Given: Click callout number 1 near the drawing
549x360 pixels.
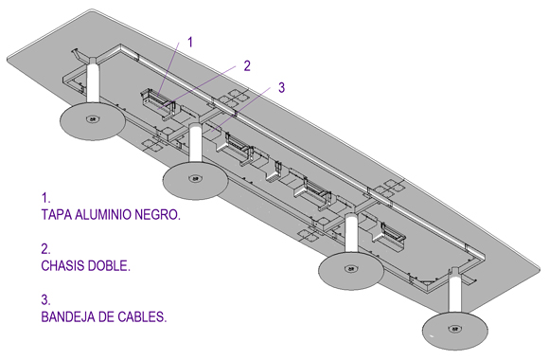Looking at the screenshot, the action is (190, 43).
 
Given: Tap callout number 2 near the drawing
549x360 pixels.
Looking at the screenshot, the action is (247, 66).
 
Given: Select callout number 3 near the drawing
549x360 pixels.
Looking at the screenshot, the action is (281, 88).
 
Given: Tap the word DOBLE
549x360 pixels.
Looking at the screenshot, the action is (109, 265).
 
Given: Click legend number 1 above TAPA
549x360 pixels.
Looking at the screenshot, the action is (45, 198).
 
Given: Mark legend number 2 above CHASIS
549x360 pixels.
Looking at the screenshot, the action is (45, 249).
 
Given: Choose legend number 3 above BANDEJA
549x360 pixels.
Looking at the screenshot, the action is (45, 300).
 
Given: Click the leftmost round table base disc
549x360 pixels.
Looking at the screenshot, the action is (93, 121).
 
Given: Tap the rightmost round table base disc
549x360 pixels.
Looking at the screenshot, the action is (454, 331).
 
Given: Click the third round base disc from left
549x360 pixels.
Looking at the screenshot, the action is (351, 271).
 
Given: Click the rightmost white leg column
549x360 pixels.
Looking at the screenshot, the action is (454, 291).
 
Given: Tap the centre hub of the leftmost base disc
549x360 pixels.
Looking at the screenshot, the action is (93, 119).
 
